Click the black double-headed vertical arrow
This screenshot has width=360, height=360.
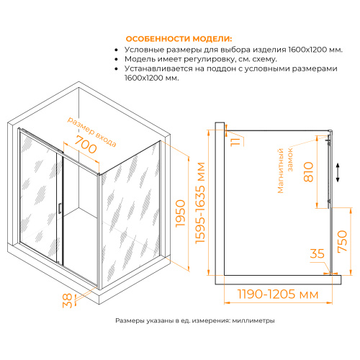click(x=338, y=173)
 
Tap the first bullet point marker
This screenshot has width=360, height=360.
click(x=117, y=50)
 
